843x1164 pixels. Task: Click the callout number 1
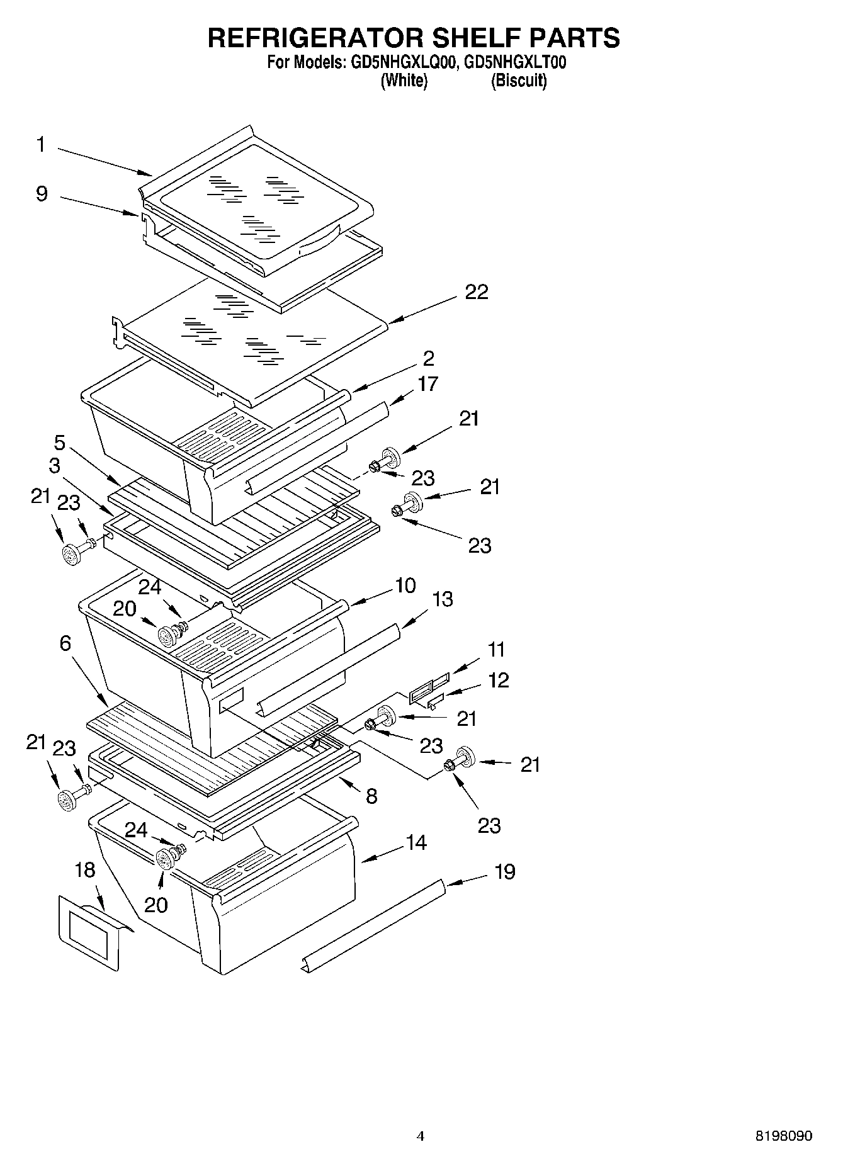[x=40, y=145]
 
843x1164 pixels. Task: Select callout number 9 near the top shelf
[x=42, y=193]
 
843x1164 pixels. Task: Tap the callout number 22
[x=477, y=292]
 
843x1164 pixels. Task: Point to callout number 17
[x=427, y=383]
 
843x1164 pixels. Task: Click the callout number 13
[x=443, y=599]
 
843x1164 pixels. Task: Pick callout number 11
[x=497, y=649]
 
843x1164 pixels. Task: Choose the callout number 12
[x=498, y=681]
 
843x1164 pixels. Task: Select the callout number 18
[x=84, y=870]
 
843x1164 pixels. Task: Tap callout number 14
[x=416, y=842]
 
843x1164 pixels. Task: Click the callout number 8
[x=371, y=796]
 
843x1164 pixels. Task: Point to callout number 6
[x=65, y=643]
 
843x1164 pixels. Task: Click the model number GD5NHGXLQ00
[x=401, y=62]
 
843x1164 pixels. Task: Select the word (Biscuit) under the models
[x=519, y=81]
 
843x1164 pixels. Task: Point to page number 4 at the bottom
[x=421, y=1136]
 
